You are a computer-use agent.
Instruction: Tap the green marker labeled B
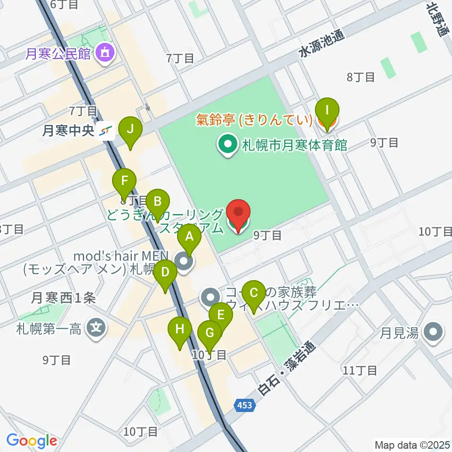[157, 202]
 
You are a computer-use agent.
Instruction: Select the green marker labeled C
[254, 294]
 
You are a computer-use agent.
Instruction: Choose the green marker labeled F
[125, 182]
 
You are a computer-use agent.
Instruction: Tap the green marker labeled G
[210, 334]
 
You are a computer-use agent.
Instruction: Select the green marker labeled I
[328, 111]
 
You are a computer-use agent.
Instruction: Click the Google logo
[32, 441]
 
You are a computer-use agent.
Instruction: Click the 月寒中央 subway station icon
[107, 131]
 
